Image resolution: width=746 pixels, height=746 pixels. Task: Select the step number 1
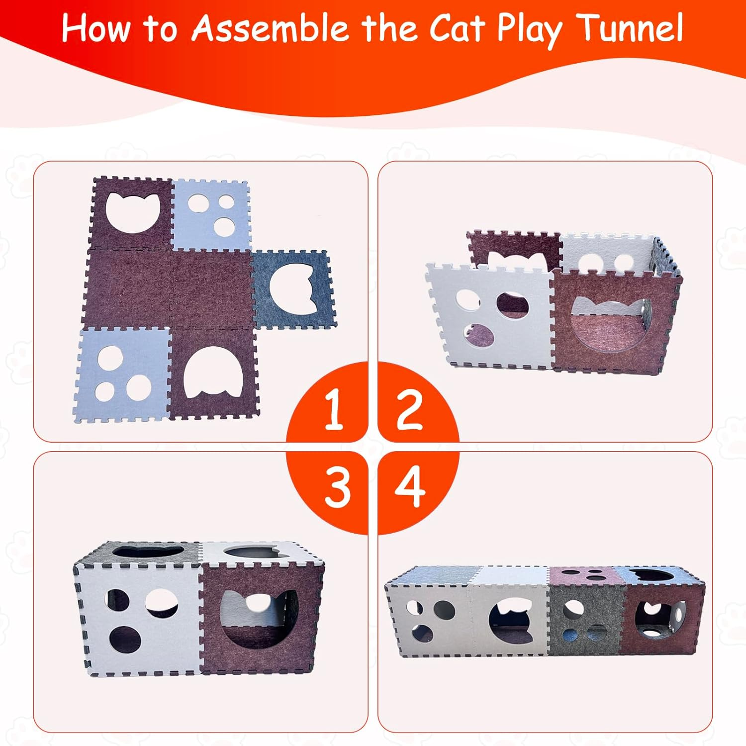[333, 409]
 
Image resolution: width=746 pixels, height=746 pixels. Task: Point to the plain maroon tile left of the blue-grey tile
[211, 288]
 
